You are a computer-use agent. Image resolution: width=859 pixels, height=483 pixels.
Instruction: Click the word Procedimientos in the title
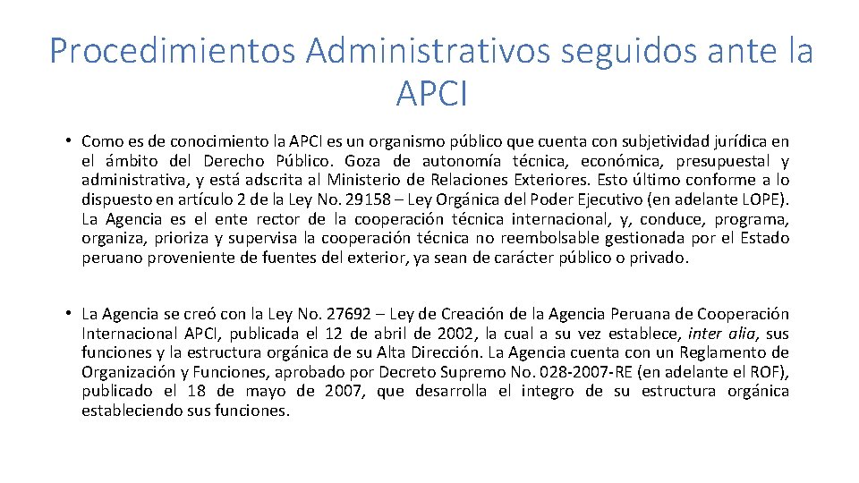(172, 51)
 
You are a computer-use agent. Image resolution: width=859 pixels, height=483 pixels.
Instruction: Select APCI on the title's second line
(430, 92)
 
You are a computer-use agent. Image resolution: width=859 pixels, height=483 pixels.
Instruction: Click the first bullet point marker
(68, 141)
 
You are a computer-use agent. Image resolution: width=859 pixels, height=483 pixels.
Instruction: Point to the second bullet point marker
(68, 314)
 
